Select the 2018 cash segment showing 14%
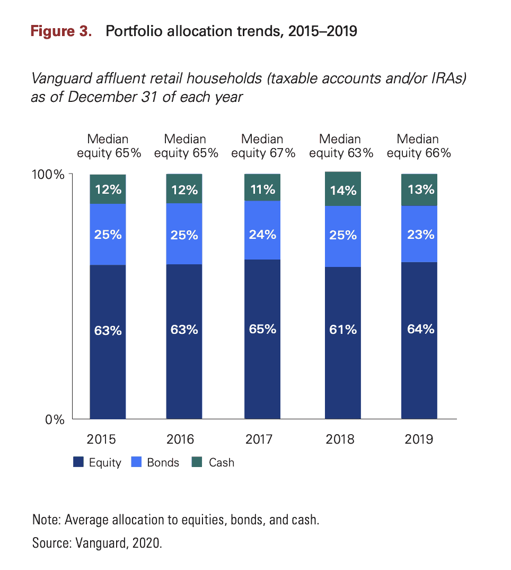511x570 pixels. [x=343, y=189]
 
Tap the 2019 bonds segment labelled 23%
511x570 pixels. [x=419, y=234]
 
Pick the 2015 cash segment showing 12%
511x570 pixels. [x=108, y=189]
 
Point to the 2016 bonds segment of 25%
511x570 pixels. [x=184, y=234]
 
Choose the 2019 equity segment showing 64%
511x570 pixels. [x=419, y=340]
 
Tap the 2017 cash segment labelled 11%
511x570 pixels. [x=262, y=188]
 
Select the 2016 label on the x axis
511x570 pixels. [x=181, y=439]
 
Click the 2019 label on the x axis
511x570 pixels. [x=419, y=439]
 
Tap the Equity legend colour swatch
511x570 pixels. [x=78, y=462]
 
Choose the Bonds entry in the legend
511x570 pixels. [x=163, y=462]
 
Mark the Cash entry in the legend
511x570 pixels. [x=221, y=462]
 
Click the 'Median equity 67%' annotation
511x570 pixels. [x=262, y=146]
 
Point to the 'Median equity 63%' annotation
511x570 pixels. [x=341, y=146]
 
